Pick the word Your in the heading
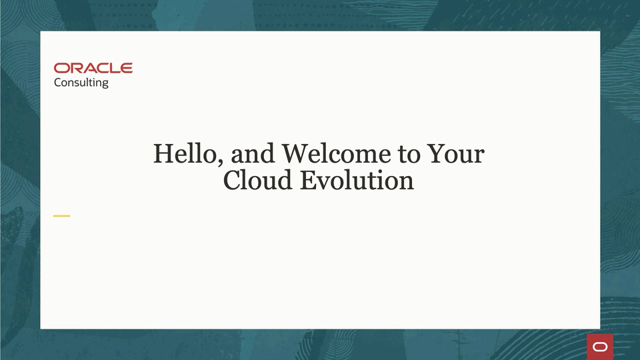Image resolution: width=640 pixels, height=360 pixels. coord(455,154)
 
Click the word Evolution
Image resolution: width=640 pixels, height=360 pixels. coord(356,180)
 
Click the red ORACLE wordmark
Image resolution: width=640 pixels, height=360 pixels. coord(93,68)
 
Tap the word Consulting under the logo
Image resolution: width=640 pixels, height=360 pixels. coord(81,83)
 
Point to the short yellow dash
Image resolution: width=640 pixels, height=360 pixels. coord(62,216)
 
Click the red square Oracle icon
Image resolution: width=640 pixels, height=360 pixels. coord(600,347)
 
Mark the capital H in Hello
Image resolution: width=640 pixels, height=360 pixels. coord(163,154)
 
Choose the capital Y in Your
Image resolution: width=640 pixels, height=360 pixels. coord(436,154)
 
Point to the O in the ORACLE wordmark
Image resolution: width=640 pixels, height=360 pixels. coord(61,68)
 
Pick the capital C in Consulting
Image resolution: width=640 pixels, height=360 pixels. coord(58,83)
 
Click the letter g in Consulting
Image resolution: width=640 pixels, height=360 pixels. coord(105,85)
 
